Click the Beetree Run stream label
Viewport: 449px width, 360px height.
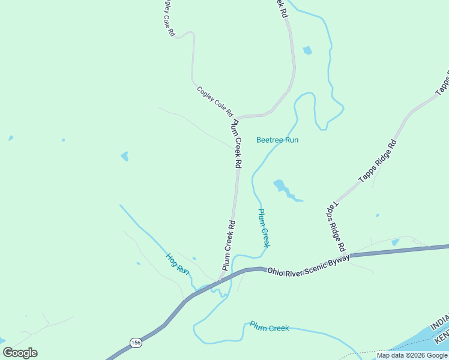tap(277, 140)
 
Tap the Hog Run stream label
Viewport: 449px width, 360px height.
tap(178, 264)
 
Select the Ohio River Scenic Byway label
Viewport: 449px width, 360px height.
tap(308, 263)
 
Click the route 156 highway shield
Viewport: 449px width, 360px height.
tap(136, 342)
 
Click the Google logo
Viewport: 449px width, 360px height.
tap(20, 353)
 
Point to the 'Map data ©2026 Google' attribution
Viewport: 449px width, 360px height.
tap(412, 355)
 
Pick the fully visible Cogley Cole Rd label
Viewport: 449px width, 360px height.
tap(214, 101)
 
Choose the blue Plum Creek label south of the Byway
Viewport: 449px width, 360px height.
tap(269, 328)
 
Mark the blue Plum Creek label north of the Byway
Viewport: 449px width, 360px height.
tap(264, 228)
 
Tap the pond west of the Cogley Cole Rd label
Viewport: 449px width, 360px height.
tap(124, 156)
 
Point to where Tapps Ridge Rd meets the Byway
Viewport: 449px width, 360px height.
tap(350, 255)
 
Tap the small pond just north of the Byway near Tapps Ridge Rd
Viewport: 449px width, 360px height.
tap(394, 242)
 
